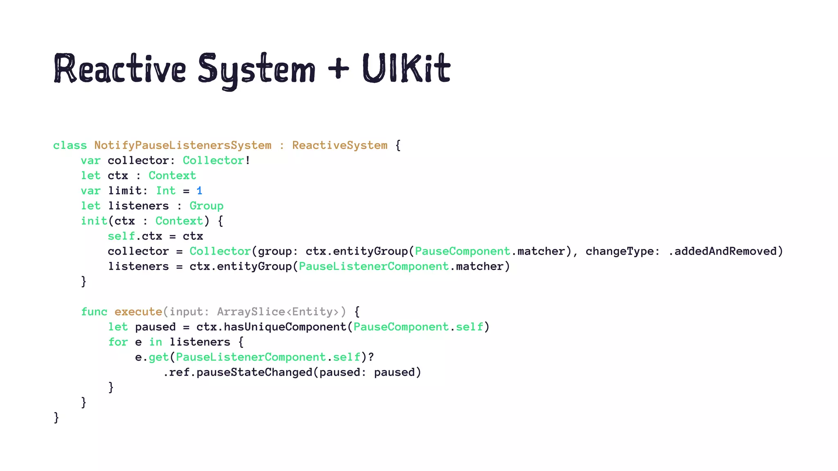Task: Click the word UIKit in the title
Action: (x=406, y=69)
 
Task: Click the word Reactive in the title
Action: (x=120, y=69)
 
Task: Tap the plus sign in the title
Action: (x=339, y=69)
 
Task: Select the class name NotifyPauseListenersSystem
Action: (x=182, y=146)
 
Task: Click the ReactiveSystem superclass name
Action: (x=340, y=146)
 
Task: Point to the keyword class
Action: (x=70, y=146)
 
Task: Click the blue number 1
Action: (x=199, y=191)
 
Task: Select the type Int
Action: (x=166, y=191)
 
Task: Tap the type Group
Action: (x=206, y=206)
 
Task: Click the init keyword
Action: (x=94, y=221)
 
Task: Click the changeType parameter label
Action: (x=619, y=251)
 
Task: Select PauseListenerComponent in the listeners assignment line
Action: (x=374, y=267)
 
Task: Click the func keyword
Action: (x=94, y=312)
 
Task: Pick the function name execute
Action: (x=138, y=312)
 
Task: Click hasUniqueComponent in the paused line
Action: (x=285, y=327)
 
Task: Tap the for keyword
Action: (x=118, y=342)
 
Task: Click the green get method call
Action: (x=159, y=357)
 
